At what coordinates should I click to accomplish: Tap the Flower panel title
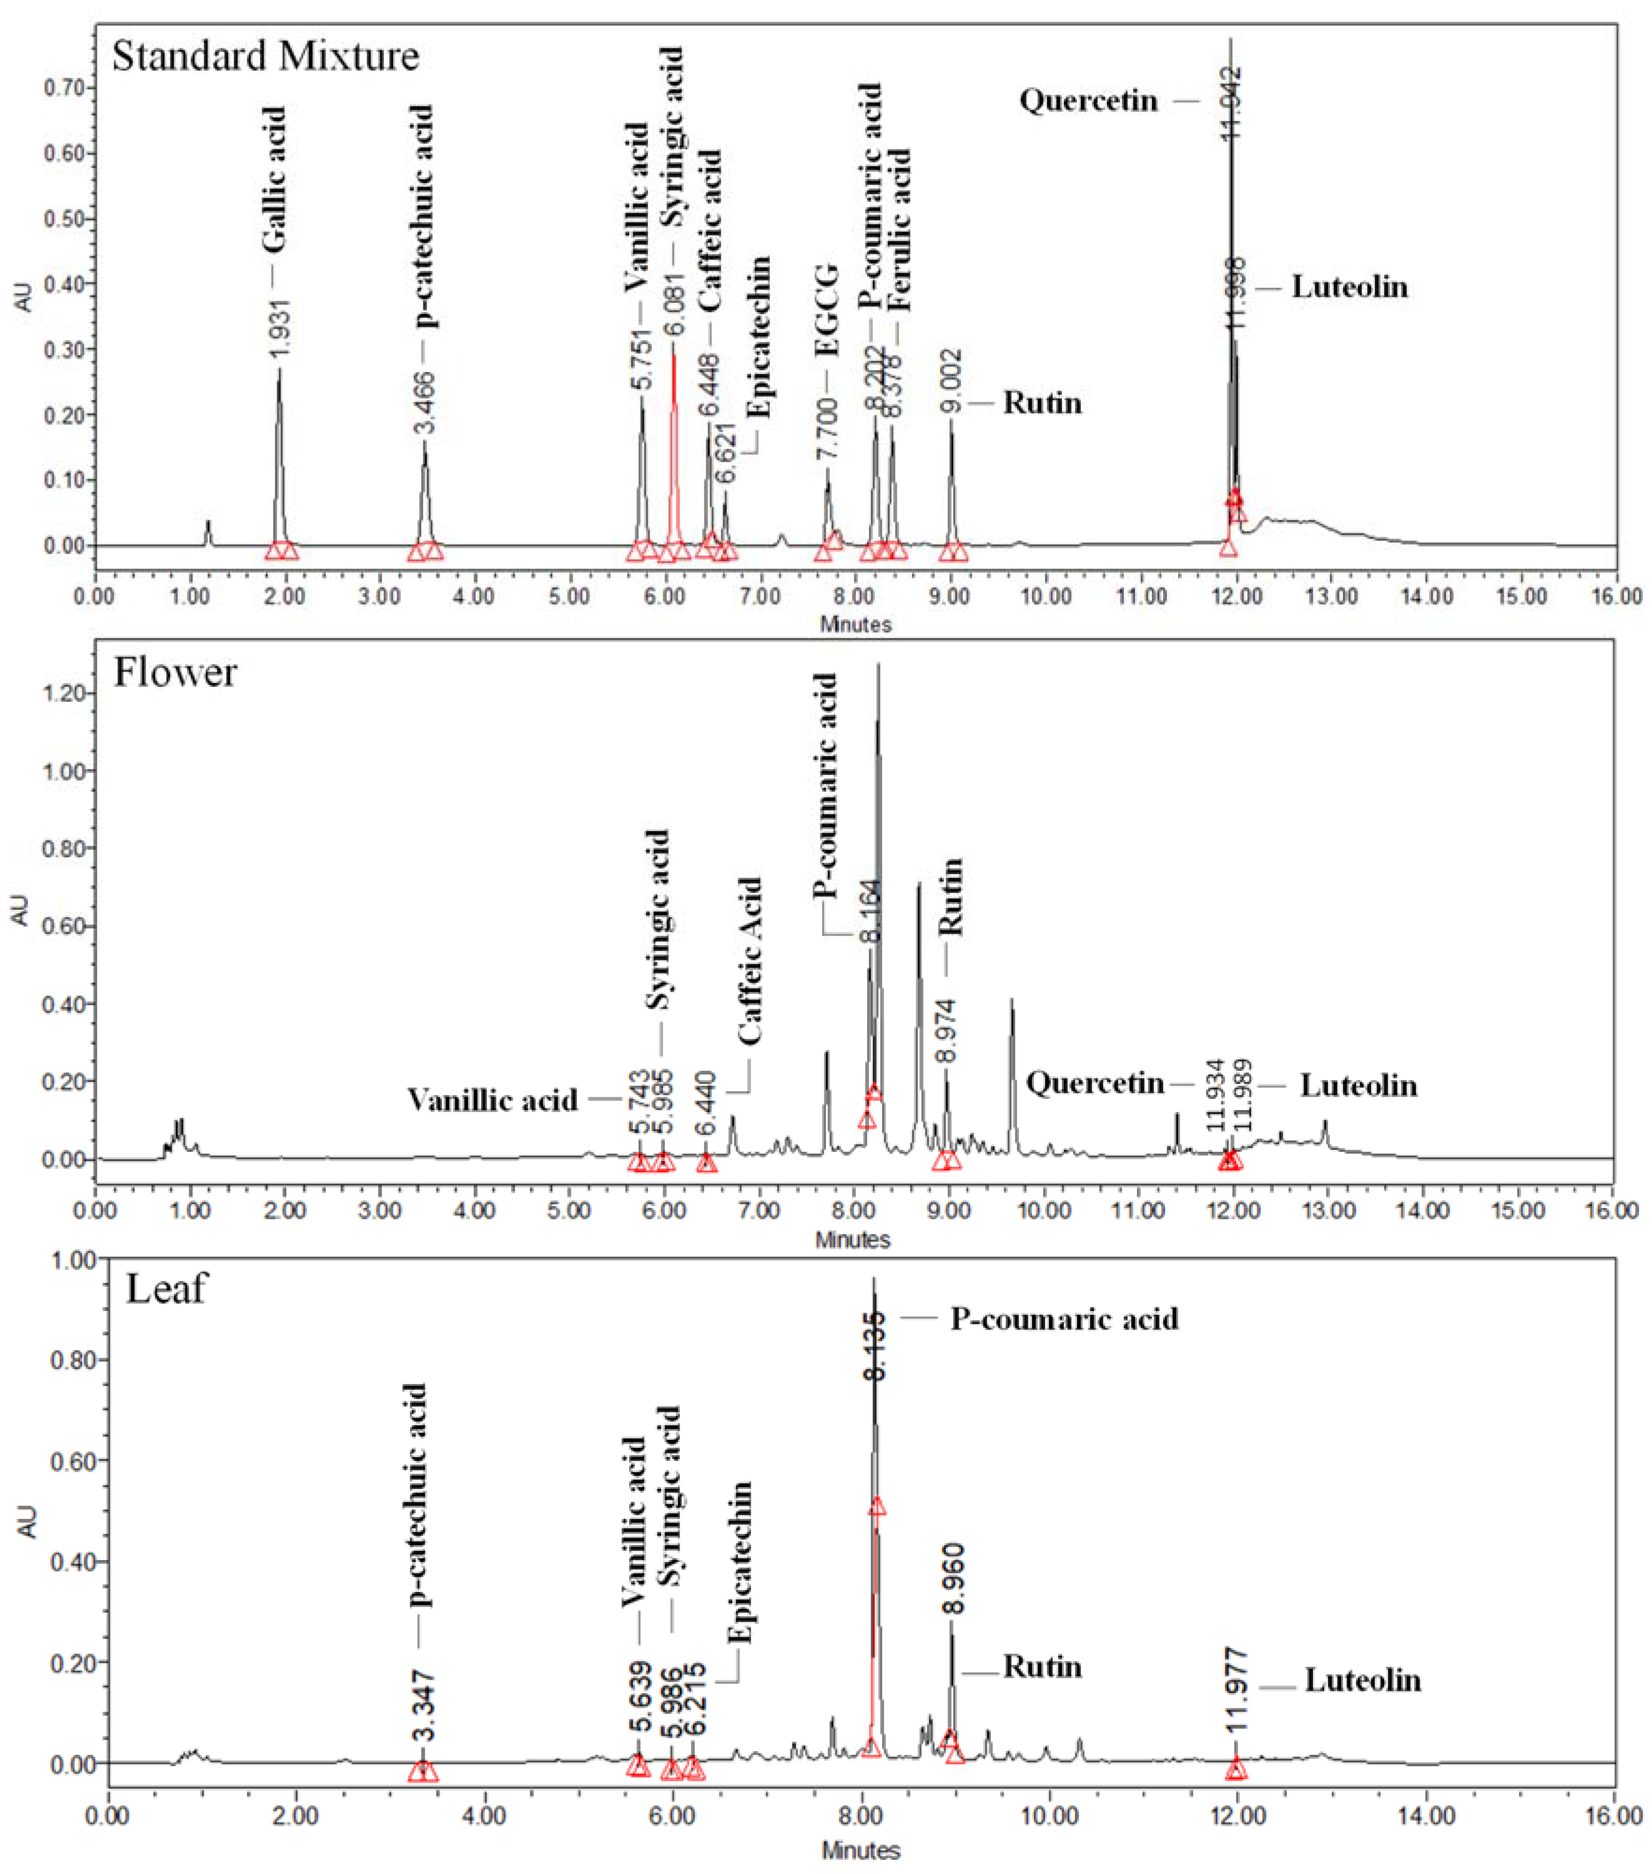coord(175,673)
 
